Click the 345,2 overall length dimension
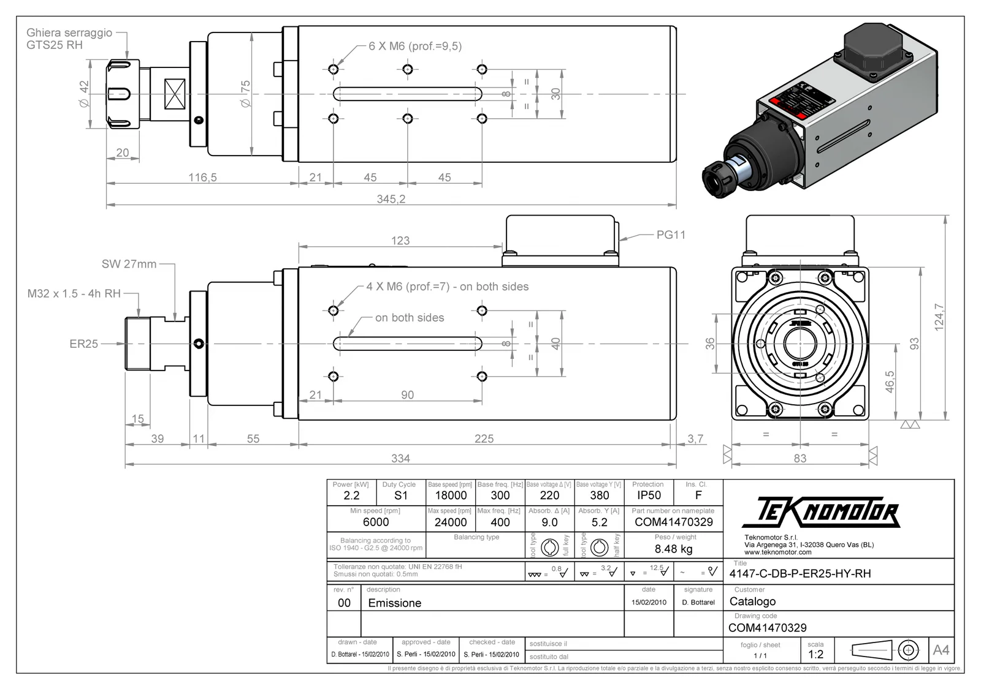coord(391,199)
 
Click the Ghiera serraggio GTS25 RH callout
coord(69,39)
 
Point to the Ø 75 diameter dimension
coord(246,94)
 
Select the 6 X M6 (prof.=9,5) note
coord(414,46)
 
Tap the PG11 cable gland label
coord(671,235)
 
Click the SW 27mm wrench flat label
coord(129,264)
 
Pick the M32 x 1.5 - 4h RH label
coord(74,293)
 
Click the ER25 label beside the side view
coord(83,344)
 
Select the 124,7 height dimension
coord(939,317)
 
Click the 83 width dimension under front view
coord(800,458)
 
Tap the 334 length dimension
coord(400,458)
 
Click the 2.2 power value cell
coord(351,495)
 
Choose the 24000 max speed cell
coord(451,522)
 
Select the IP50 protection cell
coord(649,495)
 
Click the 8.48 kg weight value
coord(673,549)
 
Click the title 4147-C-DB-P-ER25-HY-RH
coord(800,574)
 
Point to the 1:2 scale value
coord(815,654)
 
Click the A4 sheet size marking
coord(941,650)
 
